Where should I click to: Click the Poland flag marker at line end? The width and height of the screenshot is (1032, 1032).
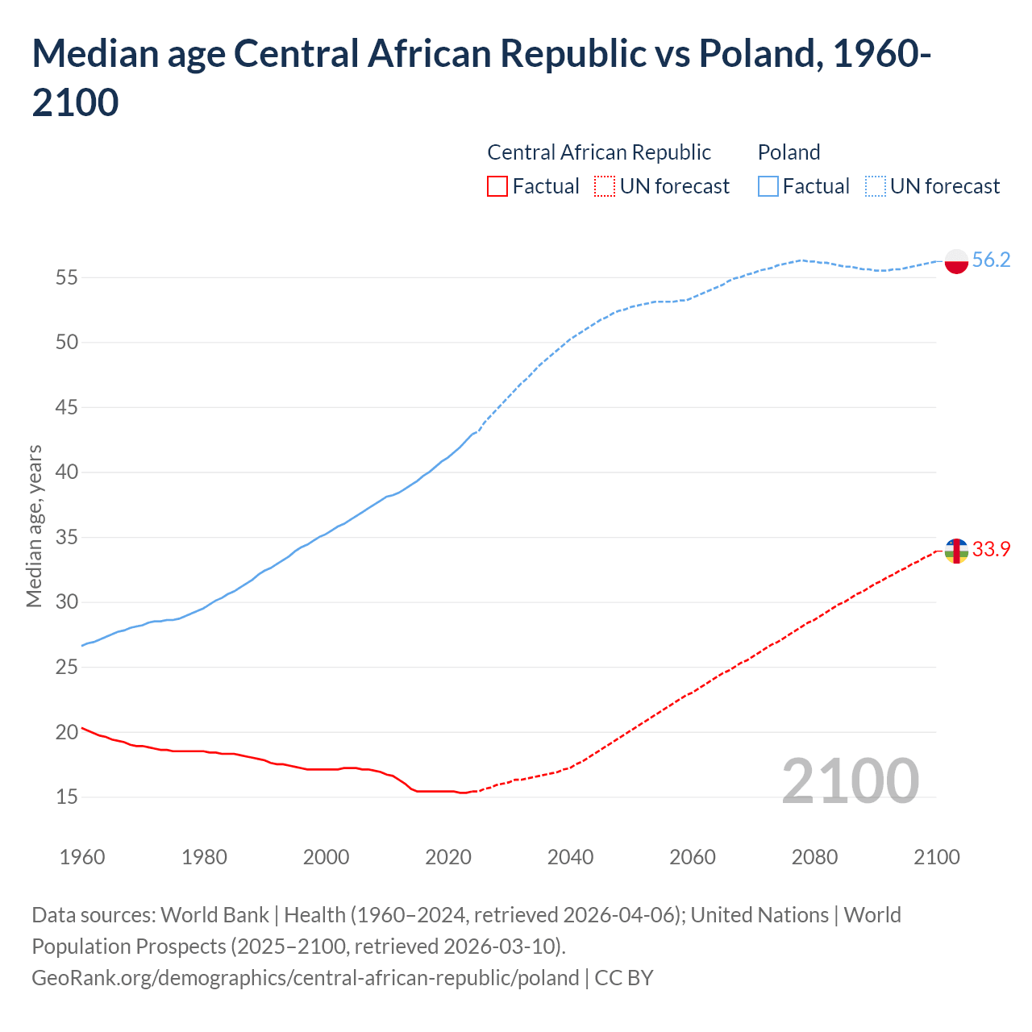tap(956, 261)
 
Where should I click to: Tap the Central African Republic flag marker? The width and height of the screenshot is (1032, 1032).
tap(956, 551)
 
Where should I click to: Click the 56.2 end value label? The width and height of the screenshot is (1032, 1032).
tap(991, 260)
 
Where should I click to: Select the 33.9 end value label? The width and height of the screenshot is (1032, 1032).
tap(991, 549)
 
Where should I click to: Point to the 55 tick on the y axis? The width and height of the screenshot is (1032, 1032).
tap(67, 277)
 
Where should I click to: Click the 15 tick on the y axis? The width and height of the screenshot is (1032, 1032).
tap(67, 797)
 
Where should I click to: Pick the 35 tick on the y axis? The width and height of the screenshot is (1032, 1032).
tap(67, 537)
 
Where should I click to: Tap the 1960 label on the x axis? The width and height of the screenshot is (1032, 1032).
tap(82, 856)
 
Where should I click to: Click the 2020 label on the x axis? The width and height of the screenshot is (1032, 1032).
tap(448, 856)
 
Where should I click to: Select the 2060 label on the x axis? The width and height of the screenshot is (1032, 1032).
tap(693, 856)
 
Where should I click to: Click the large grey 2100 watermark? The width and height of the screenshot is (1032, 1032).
tap(850, 780)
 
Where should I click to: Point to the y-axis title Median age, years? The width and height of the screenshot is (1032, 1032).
tap(34, 526)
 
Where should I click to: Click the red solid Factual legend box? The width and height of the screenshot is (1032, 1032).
tap(497, 186)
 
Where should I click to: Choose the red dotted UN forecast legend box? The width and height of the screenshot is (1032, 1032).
tap(605, 186)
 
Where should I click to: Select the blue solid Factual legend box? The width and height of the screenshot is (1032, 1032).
tap(768, 186)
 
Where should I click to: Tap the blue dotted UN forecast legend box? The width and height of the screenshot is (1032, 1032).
tap(876, 186)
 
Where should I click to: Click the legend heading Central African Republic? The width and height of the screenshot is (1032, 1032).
tap(599, 152)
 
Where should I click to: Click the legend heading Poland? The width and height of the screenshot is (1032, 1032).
tap(789, 152)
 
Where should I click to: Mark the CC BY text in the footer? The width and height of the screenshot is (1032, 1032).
tap(624, 978)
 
